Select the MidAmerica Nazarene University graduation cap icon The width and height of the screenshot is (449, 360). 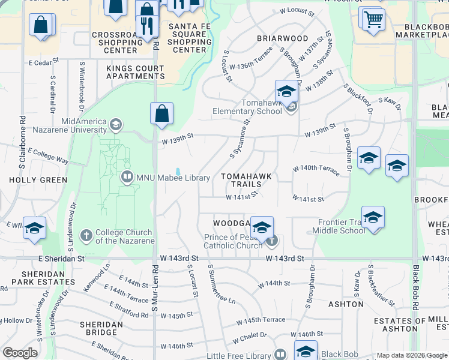tap(116, 125)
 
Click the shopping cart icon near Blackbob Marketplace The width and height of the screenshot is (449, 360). tap(373, 19)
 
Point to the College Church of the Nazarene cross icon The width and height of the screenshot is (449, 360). tap(86, 235)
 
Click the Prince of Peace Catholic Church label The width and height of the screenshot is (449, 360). tap(233, 241)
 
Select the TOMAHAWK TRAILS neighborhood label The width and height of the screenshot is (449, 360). tap(246, 180)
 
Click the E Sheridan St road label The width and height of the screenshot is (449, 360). tap(63, 259)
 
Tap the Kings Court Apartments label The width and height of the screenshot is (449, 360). tap(135, 73)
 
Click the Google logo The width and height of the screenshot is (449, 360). tap(20, 353)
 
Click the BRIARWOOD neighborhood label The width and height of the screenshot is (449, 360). tap(282, 38)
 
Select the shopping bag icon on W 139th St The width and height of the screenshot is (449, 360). tap(161, 113)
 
